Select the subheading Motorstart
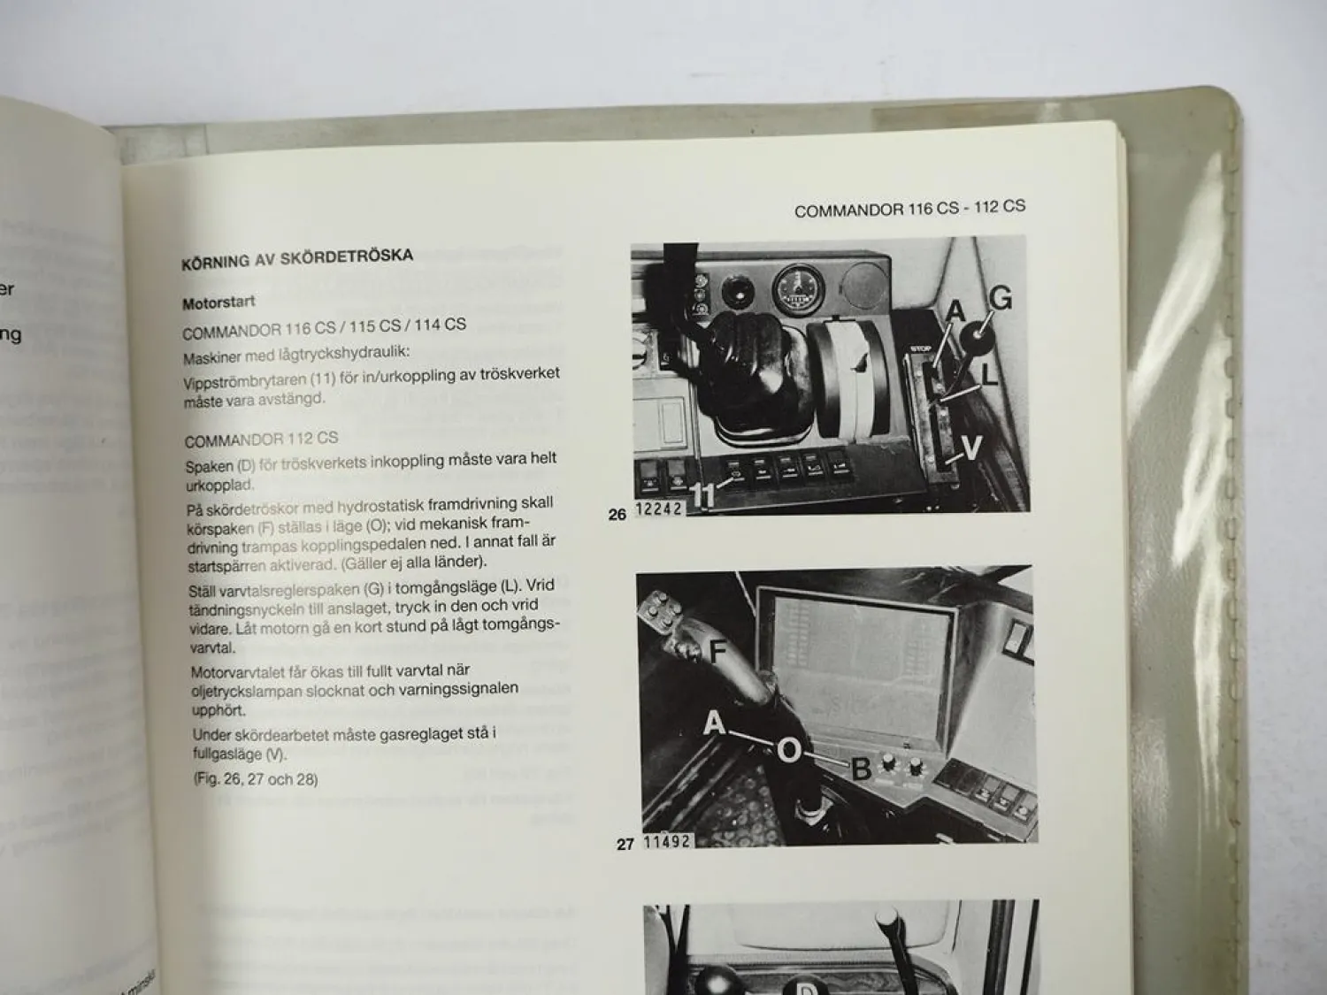coord(219,302)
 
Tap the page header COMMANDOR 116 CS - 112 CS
coord(909,209)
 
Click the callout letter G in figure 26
coord(1000,300)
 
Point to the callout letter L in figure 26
coord(989,375)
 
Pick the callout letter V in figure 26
coord(971,449)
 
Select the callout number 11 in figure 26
coord(702,496)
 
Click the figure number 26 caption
coord(617,514)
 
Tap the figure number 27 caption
coord(625,844)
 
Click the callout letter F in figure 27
coord(717,652)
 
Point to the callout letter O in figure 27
coord(788,752)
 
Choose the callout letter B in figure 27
coord(861,769)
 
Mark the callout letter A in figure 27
coord(714,724)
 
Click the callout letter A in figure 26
coord(955,311)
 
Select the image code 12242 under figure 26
coord(659,510)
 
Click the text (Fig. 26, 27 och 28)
coord(256,779)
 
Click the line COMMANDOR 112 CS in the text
coord(261,439)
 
